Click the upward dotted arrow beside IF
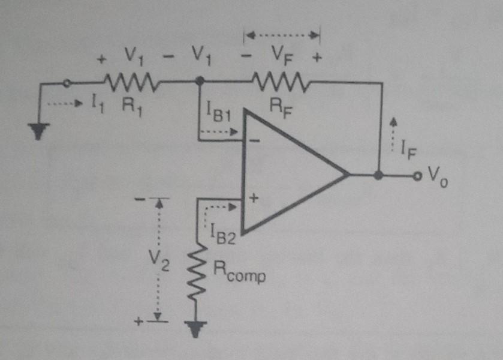(393, 130)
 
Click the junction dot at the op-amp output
(378, 176)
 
